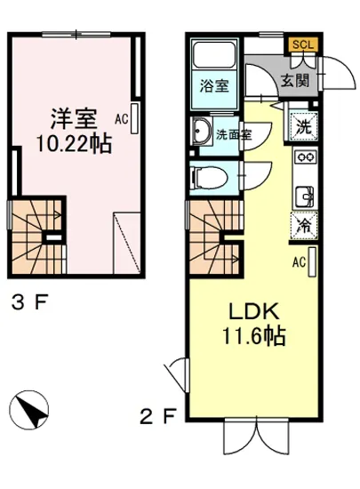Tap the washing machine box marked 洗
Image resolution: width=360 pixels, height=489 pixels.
point(303,125)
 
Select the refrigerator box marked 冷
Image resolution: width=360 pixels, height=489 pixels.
point(303,225)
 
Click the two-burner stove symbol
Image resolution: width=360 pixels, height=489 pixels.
point(304,159)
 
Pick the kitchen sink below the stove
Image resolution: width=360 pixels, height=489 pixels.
point(304,193)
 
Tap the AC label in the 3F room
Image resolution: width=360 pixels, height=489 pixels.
point(122,116)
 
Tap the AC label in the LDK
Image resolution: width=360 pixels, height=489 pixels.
point(300,261)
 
